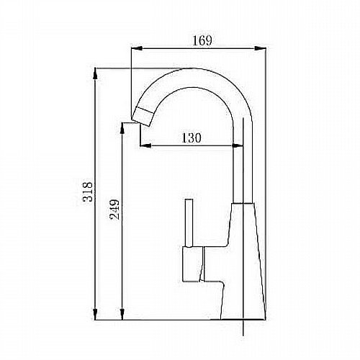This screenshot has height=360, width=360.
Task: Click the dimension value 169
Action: coord(202,40)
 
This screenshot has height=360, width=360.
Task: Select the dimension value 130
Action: coord(191,138)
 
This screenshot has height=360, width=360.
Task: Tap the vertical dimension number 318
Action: coord(87,192)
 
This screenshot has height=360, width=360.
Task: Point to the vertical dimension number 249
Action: coord(114,210)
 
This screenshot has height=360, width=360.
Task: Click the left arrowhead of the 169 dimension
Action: coord(137,48)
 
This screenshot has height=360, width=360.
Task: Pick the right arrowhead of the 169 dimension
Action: coord(260,48)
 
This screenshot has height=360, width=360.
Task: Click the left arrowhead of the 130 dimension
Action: coord(145,145)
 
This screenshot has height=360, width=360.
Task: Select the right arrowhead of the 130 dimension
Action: coord(238,145)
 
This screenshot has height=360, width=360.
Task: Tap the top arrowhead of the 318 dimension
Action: coord(95,73)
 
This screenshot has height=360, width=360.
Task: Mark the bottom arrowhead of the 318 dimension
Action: coord(95,314)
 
